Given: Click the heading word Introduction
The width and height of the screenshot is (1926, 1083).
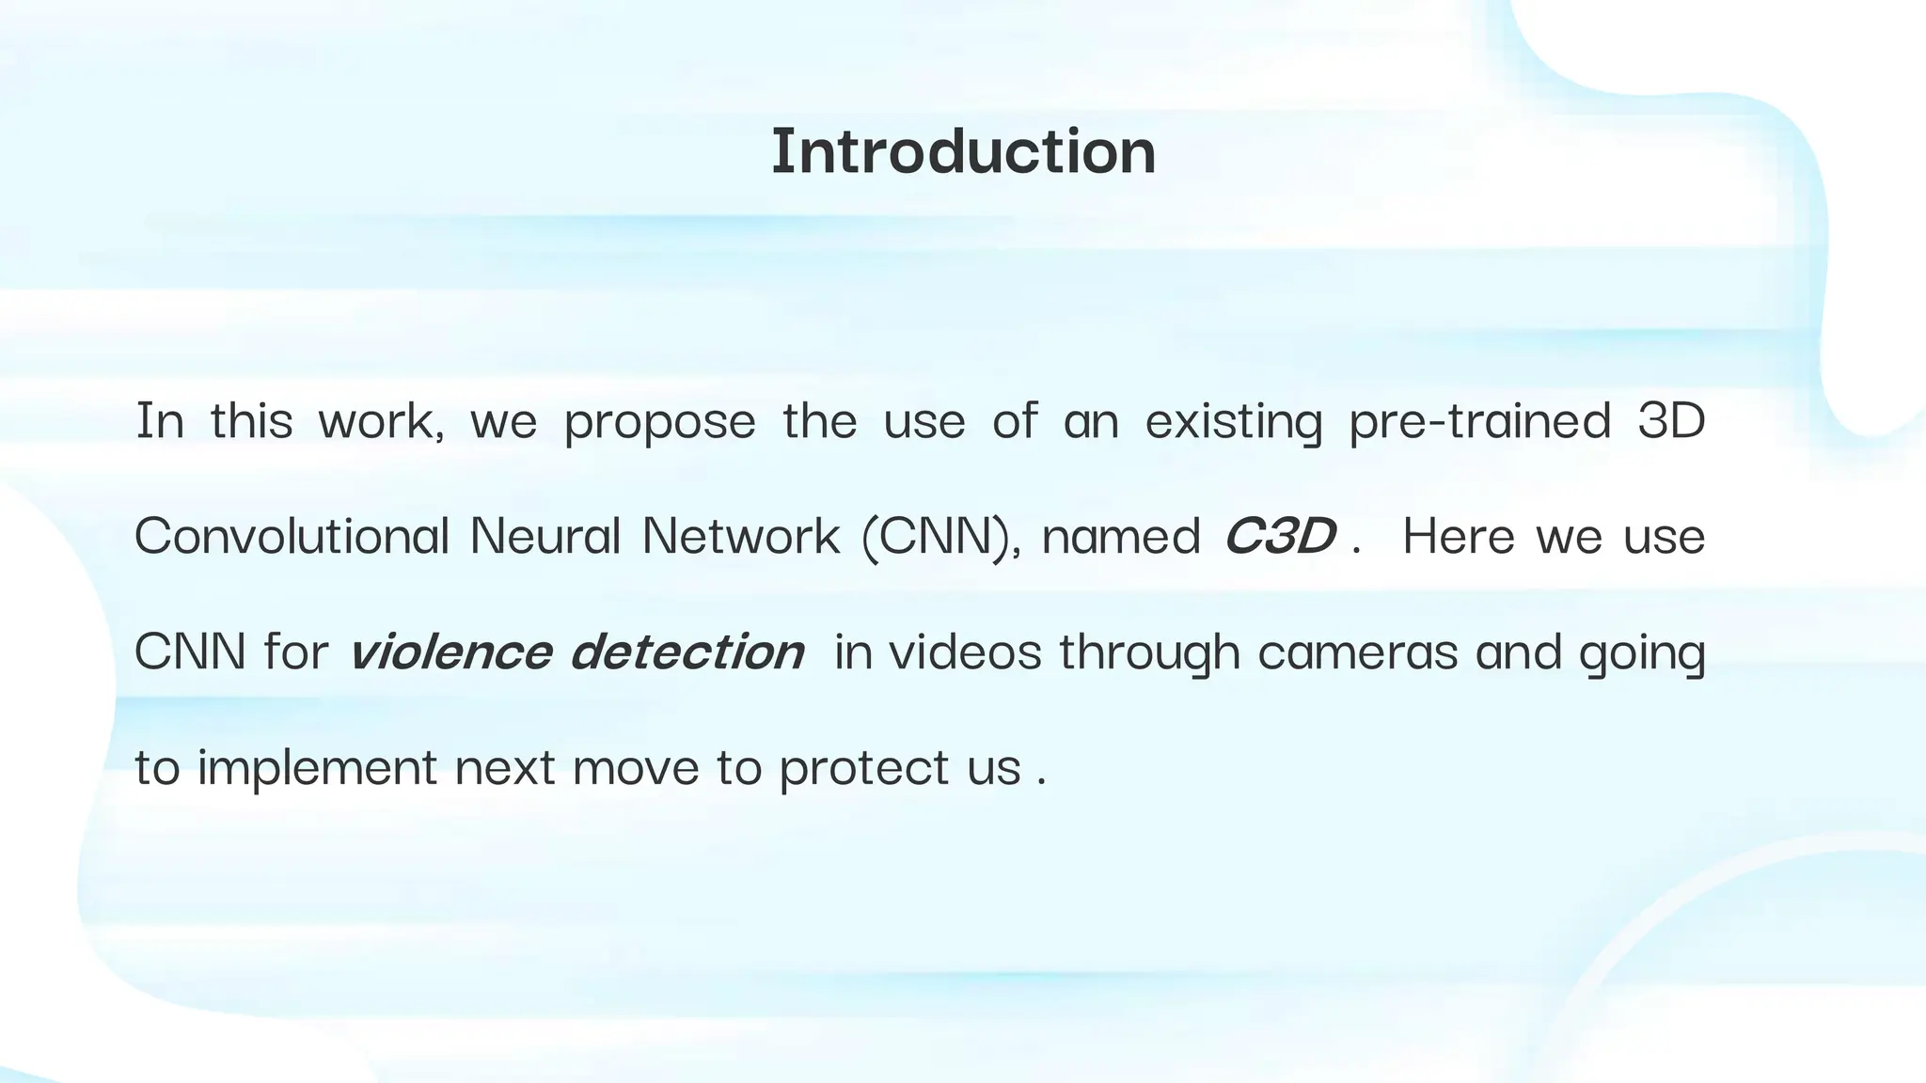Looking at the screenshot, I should point(963,151).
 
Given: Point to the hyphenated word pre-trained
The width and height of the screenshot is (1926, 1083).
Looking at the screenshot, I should point(1479,420).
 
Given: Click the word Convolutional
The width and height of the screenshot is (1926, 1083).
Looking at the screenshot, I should point(292,536).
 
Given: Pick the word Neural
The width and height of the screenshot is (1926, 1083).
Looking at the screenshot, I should point(545,536).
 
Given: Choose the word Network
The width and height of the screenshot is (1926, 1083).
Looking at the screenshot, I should point(741,536).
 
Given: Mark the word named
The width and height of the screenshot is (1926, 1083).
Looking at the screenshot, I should point(1120,537).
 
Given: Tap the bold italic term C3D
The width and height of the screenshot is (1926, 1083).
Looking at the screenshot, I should point(1279,536).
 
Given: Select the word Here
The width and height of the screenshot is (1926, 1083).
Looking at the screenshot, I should point(1459,536).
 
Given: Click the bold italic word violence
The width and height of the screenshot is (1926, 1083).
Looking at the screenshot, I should point(450,651).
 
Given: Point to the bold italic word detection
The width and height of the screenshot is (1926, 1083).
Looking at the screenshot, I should point(687,651).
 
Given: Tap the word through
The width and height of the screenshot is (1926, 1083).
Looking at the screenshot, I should point(1149,652).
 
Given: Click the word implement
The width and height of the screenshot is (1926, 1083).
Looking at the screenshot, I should point(317,768).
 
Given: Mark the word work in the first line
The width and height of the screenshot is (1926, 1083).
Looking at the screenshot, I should point(379,421).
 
